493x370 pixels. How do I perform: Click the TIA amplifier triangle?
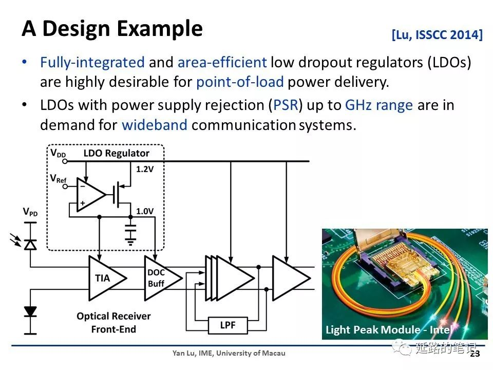pos(107,278)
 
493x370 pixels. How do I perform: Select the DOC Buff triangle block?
pos(162,278)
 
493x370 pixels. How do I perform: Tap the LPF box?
pos(228,325)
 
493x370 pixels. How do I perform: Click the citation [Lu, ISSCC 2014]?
pos(437,34)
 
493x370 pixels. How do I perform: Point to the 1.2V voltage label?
pos(145,169)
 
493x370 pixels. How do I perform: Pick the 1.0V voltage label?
pos(145,211)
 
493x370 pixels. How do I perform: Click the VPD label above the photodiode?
pos(30,212)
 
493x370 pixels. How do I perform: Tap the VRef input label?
pos(59,179)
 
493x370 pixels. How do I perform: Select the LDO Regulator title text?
pos(116,153)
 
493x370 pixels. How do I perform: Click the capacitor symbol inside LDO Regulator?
pos(130,233)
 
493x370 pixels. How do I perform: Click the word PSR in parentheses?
pos(286,105)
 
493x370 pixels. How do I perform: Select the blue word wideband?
pos(155,125)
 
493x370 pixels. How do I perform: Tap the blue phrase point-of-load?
pos(240,82)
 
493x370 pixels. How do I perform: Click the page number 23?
pos(475,354)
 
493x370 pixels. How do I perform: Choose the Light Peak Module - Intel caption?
pos(389,330)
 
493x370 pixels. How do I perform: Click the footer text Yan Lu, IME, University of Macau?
pos(229,353)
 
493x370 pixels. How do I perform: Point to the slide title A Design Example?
pos(112,28)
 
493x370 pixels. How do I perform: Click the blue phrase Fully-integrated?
pos(92,62)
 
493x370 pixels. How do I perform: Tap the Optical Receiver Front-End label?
pos(113,323)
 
